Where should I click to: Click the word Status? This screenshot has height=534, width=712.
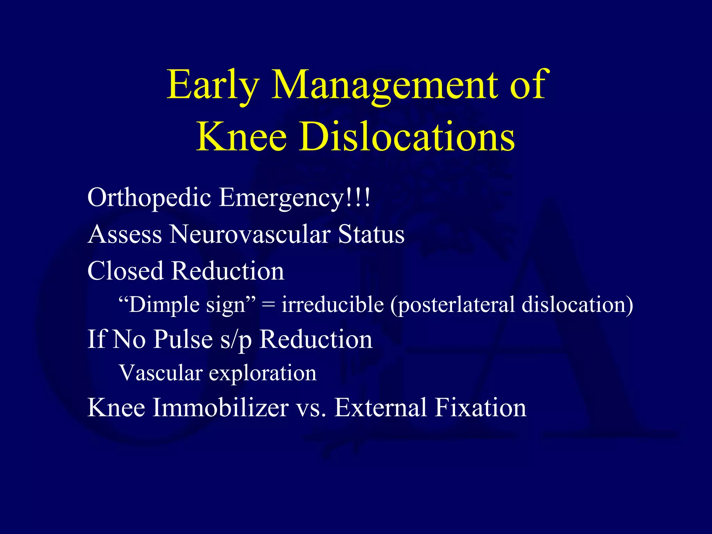[371, 234]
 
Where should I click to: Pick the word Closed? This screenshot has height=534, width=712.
[125, 271]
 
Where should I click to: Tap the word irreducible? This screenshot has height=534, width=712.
[333, 305]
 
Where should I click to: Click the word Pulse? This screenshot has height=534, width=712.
[183, 339]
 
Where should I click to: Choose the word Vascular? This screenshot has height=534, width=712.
[161, 373]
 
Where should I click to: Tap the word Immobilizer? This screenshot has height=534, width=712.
[221, 407]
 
